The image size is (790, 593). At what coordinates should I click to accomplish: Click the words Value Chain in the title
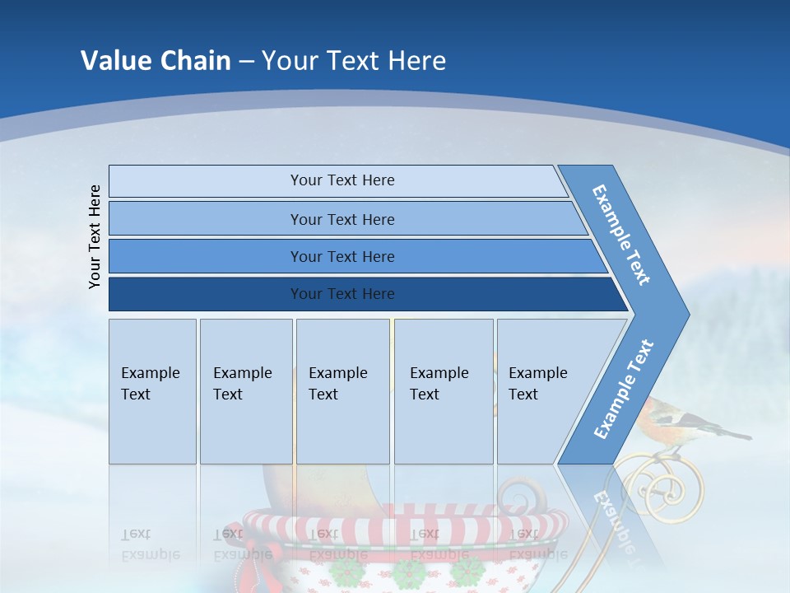click(x=156, y=61)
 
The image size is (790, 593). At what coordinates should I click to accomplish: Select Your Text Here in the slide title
click(x=354, y=61)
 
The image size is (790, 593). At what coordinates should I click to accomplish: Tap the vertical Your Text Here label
click(x=95, y=236)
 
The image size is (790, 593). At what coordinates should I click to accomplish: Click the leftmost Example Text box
click(x=152, y=390)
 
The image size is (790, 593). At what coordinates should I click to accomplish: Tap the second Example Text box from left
click(x=245, y=390)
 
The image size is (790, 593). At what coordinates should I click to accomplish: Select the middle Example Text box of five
click(x=342, y=390)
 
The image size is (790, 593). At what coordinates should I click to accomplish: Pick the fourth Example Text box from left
click(x=443, y=390)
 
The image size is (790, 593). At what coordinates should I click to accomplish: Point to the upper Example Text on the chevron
click(x=621, y=235)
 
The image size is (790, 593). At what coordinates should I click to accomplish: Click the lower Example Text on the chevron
click(x=624, y=389)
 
